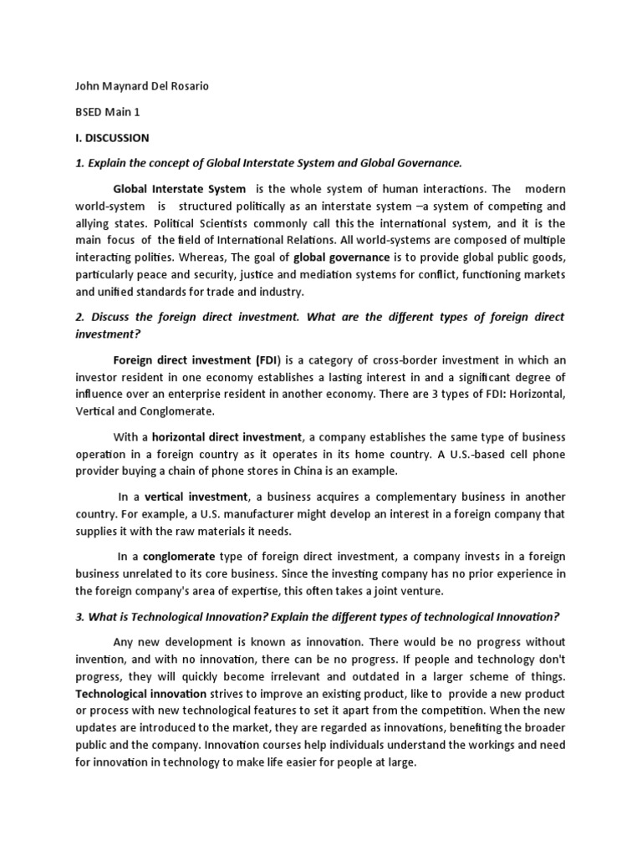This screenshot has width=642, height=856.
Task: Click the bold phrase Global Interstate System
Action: click(180, 189)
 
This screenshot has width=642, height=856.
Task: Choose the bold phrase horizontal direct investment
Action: click(227, 436)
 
